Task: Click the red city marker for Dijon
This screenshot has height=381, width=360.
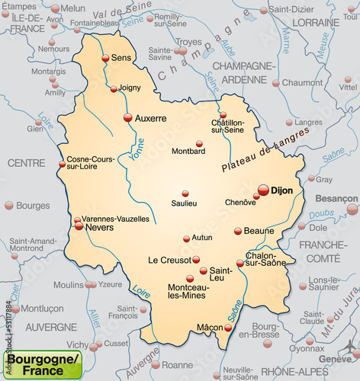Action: [x=263, y=190]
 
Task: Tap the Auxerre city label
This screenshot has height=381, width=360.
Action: [x=151, y=118]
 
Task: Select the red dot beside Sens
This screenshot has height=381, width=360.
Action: [x=105, y=58]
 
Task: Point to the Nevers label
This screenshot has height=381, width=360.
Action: [x=99, y=226]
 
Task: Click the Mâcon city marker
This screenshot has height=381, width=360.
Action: [x=228, y=328]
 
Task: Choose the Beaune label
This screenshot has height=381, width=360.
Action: [x=259, y=230]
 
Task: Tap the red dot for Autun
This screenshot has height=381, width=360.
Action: [x=186, y=239]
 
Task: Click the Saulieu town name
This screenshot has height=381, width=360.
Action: [x=184, y=203]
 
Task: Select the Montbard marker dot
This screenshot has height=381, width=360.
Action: [x=199, y=143]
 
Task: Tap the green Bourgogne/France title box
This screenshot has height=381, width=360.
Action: [x=42, y=363]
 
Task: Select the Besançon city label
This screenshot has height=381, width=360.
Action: [x=336, y=197]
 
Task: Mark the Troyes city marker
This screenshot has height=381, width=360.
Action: [x=182, y=51]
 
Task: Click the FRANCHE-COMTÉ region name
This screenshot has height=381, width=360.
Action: [x=323, y=251]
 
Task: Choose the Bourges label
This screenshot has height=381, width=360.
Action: [x=33, y=206]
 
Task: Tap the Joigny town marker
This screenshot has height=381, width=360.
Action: [x=114, y=89]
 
